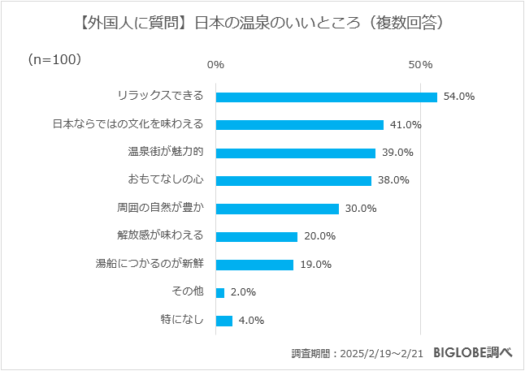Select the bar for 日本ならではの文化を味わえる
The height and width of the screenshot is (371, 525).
click(x=300, y=125)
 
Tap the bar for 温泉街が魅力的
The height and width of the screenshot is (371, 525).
click(x=296, y=153)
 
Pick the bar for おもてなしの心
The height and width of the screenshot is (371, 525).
click(x=293, y=180)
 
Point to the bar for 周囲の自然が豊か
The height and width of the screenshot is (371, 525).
click(x=277, y=209)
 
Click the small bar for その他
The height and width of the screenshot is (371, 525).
click(x=220, y=292)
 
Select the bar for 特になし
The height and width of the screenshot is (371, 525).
click(x=224, y=320)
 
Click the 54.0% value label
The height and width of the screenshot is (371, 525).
click(x=458, y=97)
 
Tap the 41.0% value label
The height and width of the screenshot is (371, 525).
click(x=405, y=125)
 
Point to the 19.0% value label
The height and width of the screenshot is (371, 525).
click(x=315, y=265)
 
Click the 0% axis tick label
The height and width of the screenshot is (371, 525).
click(x=215, y=64)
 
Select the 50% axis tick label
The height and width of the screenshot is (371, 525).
click(x=419, y=64)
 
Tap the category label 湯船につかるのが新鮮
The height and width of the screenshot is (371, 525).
click(x=150, y=265)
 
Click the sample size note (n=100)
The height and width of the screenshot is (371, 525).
click(x=54, y=59)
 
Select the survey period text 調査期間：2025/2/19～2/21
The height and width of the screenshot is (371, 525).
click(x=358, y=353)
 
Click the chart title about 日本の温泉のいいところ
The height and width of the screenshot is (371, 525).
click(x=262, y=24)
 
